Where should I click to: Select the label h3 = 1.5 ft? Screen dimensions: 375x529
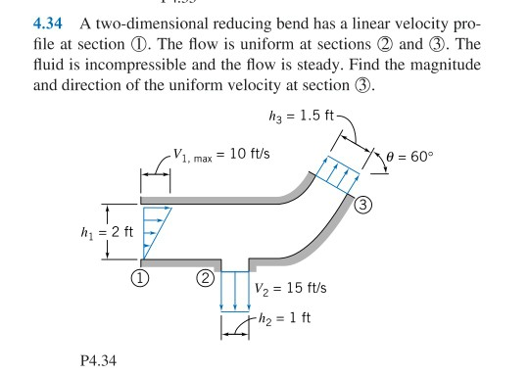(x=293, y=117)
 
